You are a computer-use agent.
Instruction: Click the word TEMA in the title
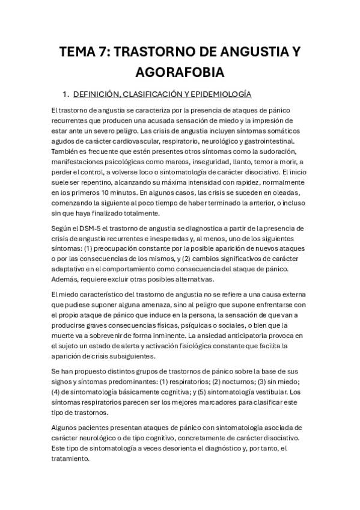[x=78, y=52]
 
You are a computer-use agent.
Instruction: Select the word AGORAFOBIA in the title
[x=180, y=72]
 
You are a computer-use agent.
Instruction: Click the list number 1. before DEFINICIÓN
[x=66, y=94]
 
